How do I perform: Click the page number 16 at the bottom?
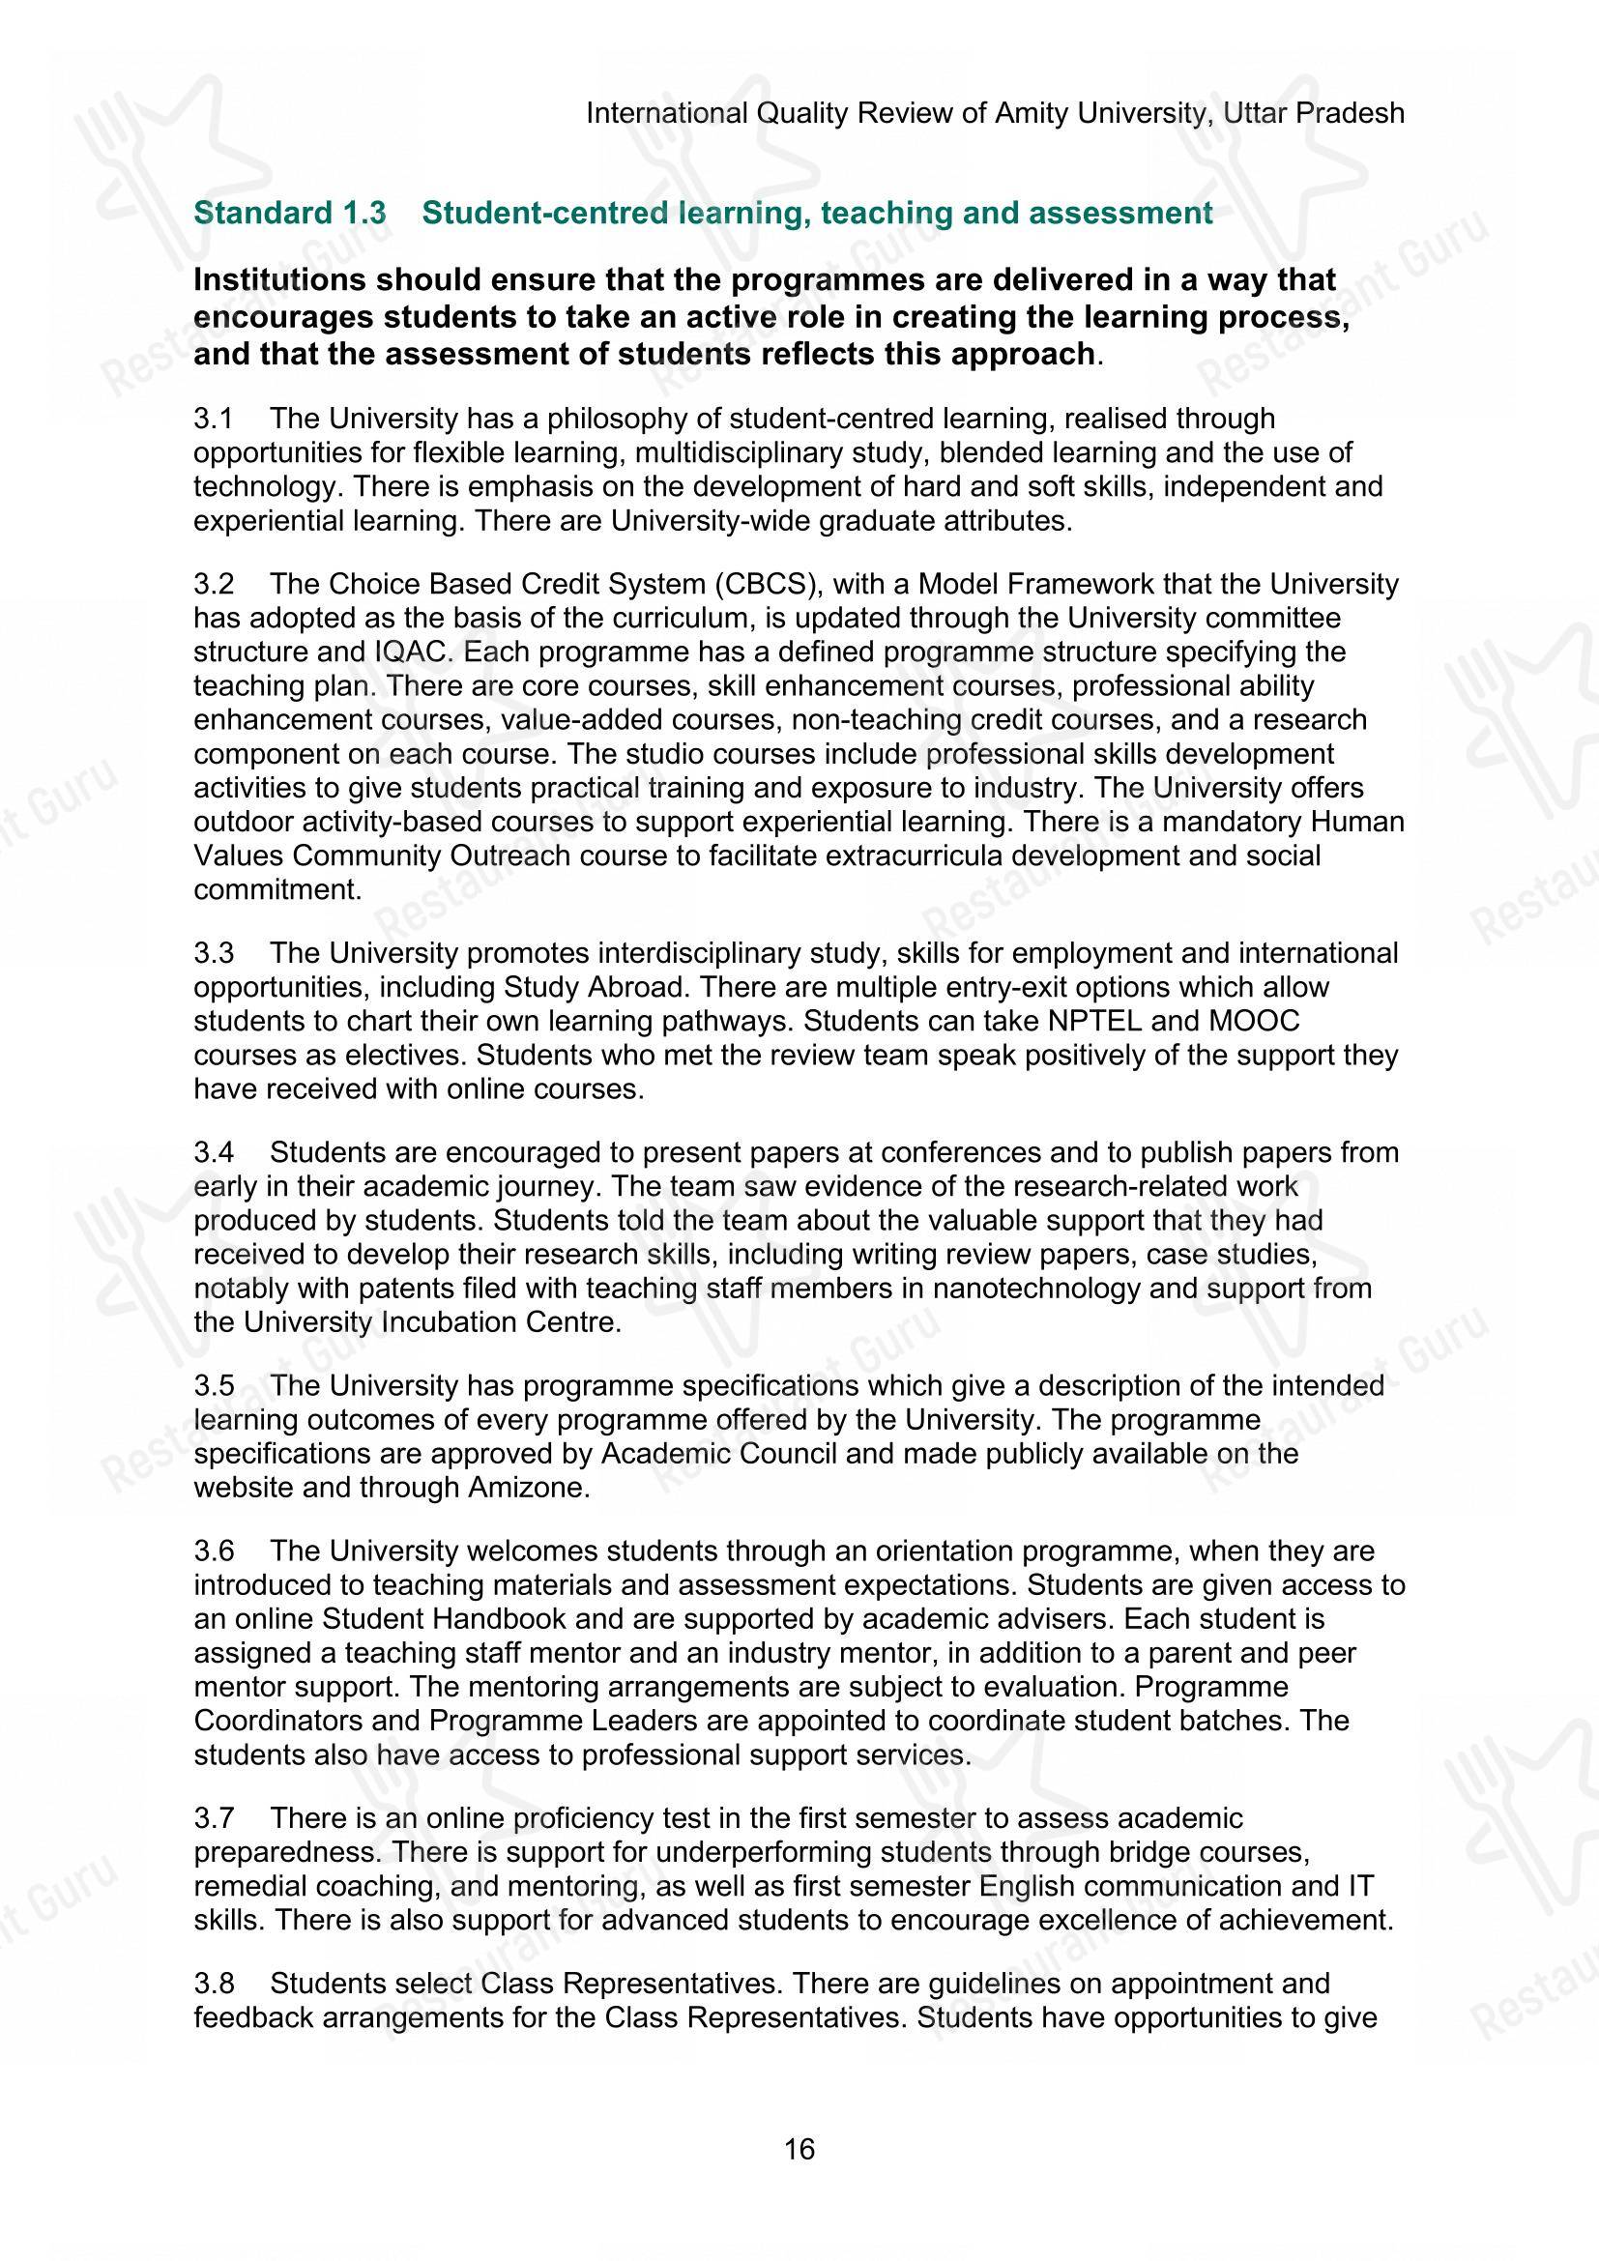point(799,2148)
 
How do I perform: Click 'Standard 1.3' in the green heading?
point(290,214)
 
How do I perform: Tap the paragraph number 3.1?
point(213,419)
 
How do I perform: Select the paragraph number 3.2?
point(213,584)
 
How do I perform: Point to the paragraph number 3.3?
point(213,953)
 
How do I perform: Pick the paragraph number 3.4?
point(213,1152)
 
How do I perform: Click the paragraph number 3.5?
point(213,1385)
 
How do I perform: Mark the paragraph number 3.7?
point(213,1818)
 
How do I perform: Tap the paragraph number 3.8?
point(213,1984)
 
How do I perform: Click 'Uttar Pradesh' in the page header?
point(1314,113)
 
